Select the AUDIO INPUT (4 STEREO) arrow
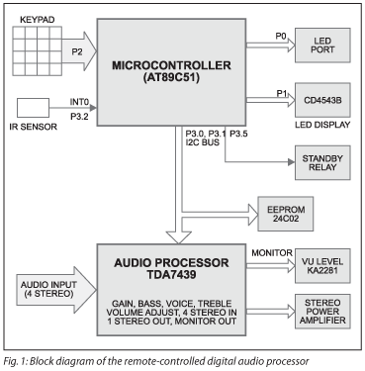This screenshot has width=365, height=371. [48, 288]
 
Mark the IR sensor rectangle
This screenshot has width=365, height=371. [34, 108]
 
